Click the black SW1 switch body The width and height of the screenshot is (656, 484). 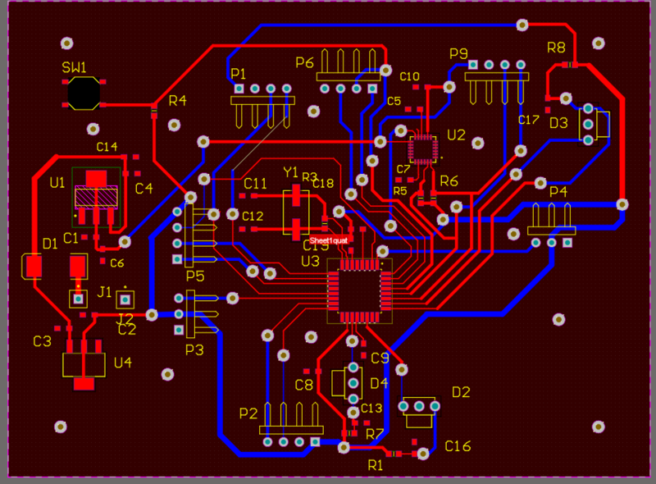click(x=83, y=93)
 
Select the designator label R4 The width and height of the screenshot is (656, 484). click(x=177, y=101)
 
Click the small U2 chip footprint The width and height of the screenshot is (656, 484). click(x=424, y=148)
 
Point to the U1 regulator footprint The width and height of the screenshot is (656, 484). click(x=97, y=195)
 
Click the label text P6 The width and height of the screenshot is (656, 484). click(x=304, y=62)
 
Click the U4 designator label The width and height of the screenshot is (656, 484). click(x=123, y=362)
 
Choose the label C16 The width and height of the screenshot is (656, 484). click(x=458, y=445)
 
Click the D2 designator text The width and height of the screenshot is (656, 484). click(x=461, y=391)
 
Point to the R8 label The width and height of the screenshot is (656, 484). click(x=556, y=48)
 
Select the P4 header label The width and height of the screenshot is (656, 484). click(x=558, y=191)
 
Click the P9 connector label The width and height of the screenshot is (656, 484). click(x=458, y=53)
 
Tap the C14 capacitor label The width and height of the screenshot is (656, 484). click(x=107, y=147)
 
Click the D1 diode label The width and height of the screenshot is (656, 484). click(x=50, y=243)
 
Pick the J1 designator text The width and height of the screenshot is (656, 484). click(x=105, y=291)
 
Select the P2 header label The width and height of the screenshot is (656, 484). click(x=248, y=413)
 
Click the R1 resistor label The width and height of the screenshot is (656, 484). click(x=376, y=465)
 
